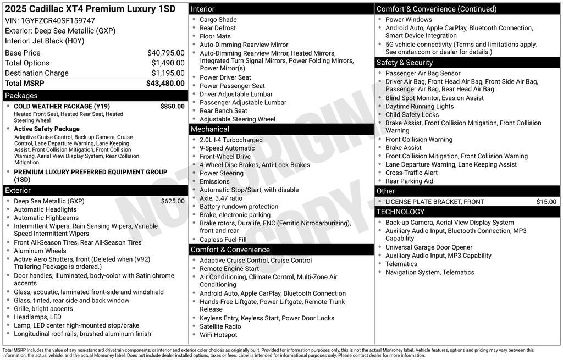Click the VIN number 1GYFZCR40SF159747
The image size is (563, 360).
[x=58, y=20]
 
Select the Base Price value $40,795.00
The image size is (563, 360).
[x=165, y=53]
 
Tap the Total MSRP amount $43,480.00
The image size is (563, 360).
[x=165, y=84]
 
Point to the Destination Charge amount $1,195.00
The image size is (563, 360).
[x=168, y=73]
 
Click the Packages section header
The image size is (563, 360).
[x=21, y=96]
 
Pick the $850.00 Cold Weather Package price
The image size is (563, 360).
[x=172, y=106]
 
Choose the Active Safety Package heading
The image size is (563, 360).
[x=47, y=129]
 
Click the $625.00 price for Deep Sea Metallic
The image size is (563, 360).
[x=173, y=201]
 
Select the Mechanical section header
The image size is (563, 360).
[x=209, y=129]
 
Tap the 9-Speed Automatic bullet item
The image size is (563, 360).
[x=227, y=148]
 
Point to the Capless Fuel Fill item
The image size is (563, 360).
[x=223, y=240]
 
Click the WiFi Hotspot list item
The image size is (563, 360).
[x=218, y=335]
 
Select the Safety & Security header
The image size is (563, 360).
[x=404, y=63]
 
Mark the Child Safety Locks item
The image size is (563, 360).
[x=412, y=115]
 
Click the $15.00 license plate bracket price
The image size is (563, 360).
[x=546, y=202]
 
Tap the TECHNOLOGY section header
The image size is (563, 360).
[x=400, y=212]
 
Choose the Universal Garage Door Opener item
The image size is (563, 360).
[x=428, y=247]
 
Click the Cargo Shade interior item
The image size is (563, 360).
[x=218, y=20]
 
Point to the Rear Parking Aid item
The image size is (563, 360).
[x=409, y=181]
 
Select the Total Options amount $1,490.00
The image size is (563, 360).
[x=168, y=63]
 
